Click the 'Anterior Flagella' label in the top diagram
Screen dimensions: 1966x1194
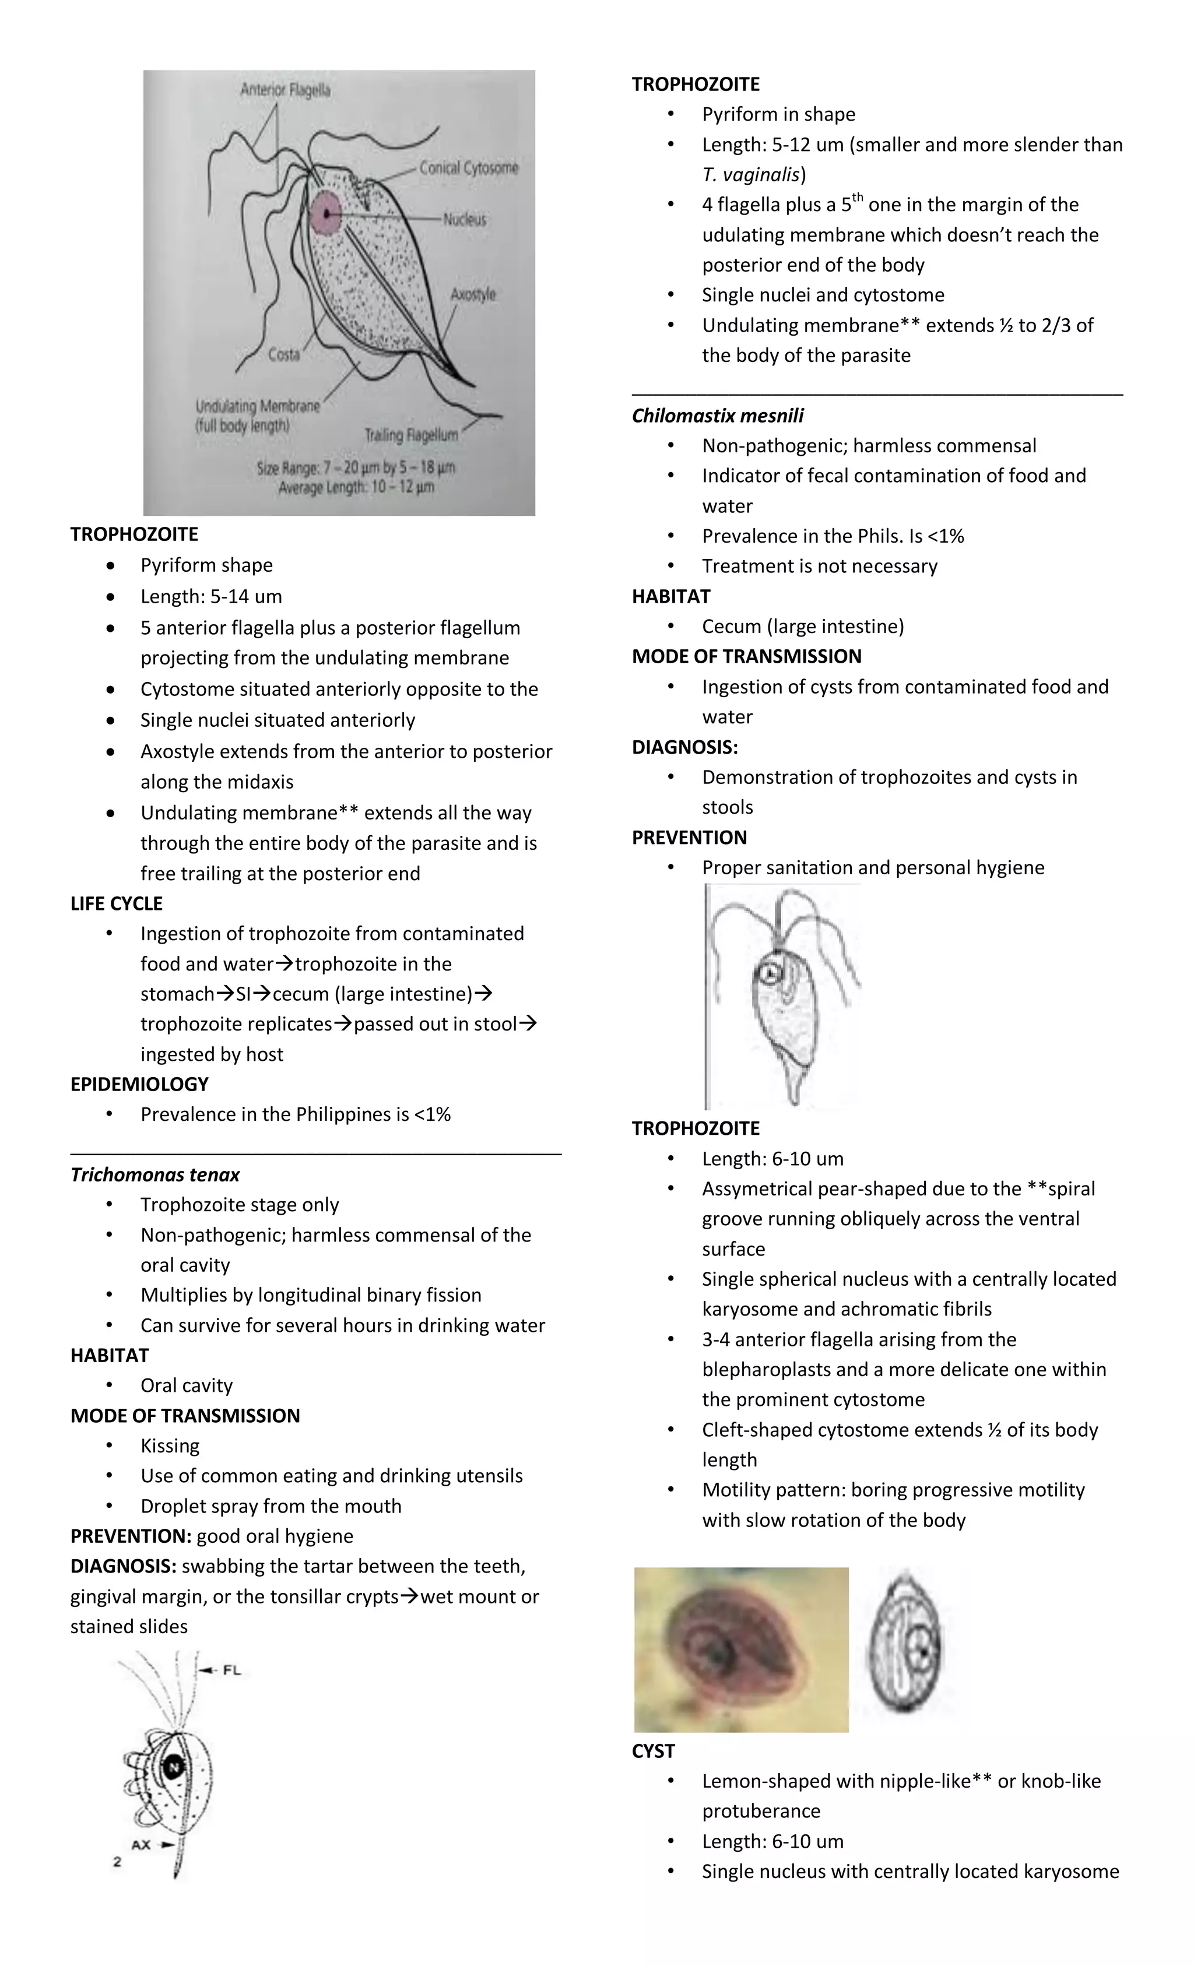pos(285,90)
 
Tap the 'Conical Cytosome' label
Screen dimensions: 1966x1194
pos(469,167)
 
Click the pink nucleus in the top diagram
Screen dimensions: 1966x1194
pos(326,214)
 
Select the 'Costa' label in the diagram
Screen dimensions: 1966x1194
pos(283,354)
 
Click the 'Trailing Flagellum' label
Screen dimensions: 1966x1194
pos(411,435)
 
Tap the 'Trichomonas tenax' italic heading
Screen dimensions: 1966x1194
pos(155,1174)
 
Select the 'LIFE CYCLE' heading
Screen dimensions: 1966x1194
pos(117,903)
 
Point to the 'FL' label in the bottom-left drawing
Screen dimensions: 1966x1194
pos(231,1670)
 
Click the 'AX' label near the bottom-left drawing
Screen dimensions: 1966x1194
pos(141,1844)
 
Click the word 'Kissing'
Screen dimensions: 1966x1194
pos(170,1446)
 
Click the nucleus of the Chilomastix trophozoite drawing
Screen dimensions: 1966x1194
pos(770,974)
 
